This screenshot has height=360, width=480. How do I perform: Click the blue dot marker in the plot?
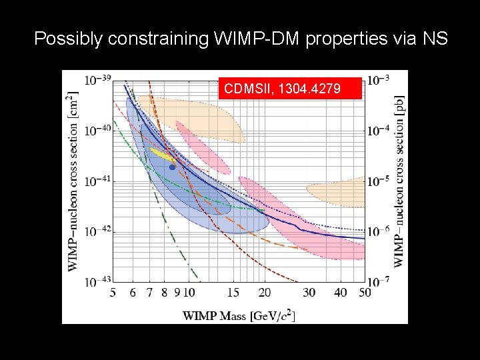click(x=172, y=167)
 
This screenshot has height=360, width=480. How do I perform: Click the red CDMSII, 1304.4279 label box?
click(x=290, y=88)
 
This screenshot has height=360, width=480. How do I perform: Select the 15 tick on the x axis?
click(x=233, y=293)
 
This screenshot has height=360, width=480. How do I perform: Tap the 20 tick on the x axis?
click(x=265, y=293)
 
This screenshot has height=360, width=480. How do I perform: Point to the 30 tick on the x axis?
click(x=309, y=293)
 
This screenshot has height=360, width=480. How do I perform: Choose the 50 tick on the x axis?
click(x=364, y=293)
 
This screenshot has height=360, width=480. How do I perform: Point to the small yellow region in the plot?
click(x=161, y=154)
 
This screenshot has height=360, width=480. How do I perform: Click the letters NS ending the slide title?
click(x=437, y=39)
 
